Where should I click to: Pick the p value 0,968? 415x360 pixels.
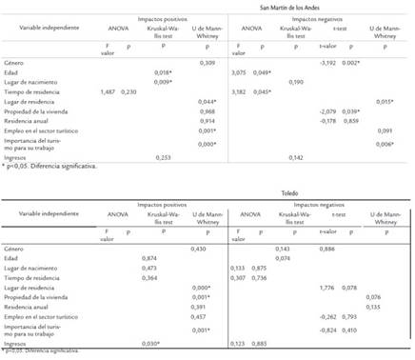point(198,110)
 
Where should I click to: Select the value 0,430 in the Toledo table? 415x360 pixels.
point(198,248)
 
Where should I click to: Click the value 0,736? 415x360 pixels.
point(256,277)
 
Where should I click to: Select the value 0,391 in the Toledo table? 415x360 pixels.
point(198,306)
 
